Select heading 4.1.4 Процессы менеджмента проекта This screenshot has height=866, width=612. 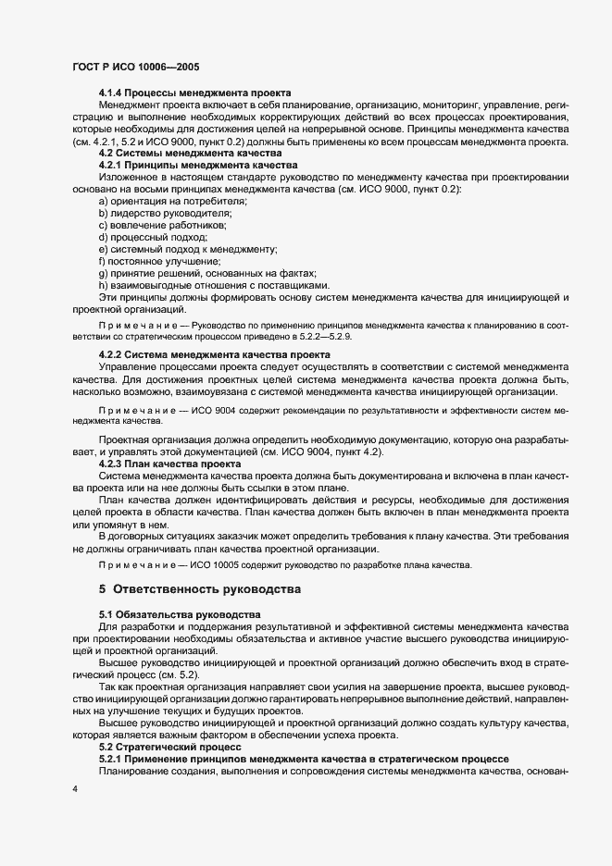pyautogui.click(x=194, y=93)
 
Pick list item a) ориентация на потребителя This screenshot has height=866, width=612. pyautogui.click(x=173, y=201)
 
